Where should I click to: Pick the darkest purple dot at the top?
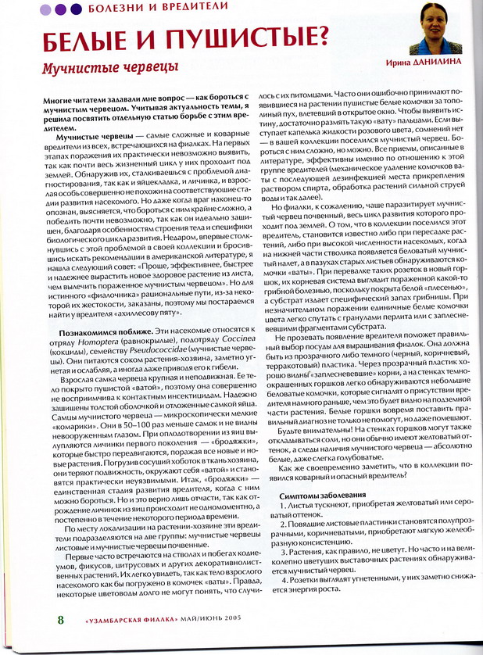pos(76,9)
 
